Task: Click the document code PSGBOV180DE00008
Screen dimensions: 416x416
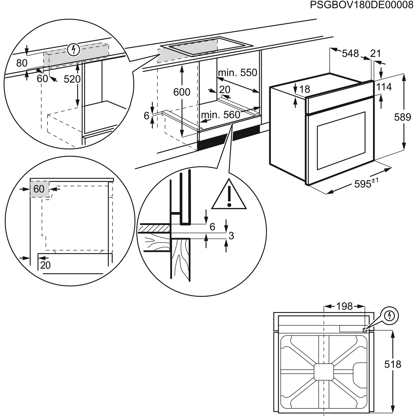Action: click(362, 6)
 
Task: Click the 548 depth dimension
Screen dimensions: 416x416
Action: click(350, 53)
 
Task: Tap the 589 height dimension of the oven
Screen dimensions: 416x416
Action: click(402, 117)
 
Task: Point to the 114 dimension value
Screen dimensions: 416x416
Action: click(384, 87)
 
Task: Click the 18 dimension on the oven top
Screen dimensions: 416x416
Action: click(304, 89)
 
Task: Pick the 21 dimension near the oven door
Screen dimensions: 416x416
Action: click(375, 53)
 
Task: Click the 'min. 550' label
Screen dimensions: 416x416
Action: click(237, 72)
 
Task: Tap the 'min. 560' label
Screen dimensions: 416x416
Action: click(220, 115)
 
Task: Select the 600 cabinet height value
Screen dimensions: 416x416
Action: click(182, 92)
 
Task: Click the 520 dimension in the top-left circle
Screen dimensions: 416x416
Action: click(72, 79)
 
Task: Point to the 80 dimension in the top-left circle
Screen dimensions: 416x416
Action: click(22, 63)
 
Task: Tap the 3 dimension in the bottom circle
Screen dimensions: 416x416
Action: click(231, 236)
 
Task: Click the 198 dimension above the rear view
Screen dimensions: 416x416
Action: click(344, 306)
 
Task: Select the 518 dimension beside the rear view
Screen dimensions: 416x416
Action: click(393, 364)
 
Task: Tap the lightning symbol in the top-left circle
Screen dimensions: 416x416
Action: click(73, 50)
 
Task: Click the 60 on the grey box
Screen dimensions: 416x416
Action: click(39, 189)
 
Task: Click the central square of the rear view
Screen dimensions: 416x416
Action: click(324, 373)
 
